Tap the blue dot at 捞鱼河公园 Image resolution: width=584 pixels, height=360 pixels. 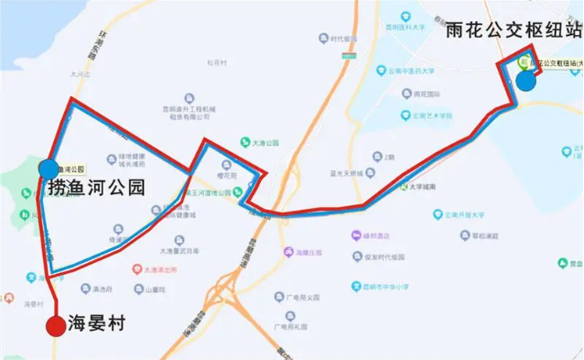[48, 169]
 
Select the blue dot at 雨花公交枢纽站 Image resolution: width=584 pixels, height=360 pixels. [525, 82]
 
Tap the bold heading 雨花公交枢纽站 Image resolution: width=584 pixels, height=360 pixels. [511, 27]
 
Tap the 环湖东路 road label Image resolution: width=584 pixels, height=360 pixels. [98, 41]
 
